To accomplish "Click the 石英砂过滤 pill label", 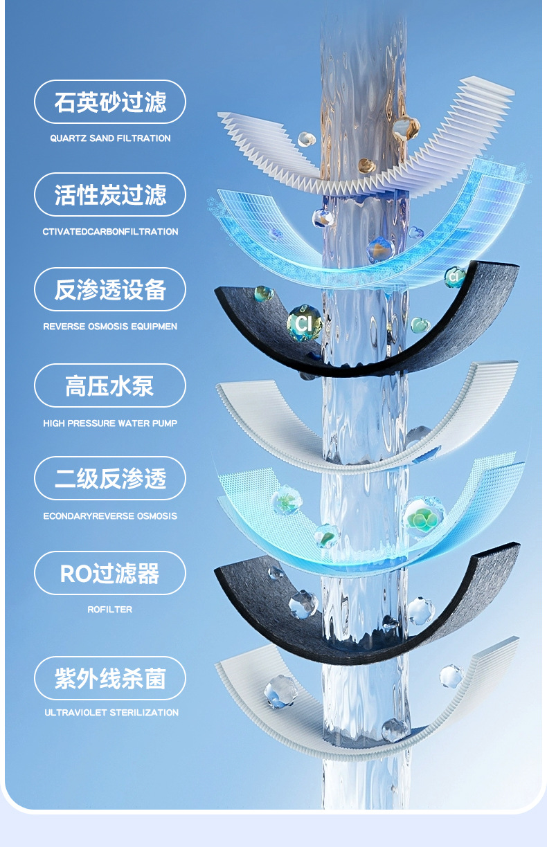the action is click(110, 102).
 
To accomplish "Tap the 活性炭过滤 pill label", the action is click(110, 195).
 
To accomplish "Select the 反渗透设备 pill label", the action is click(110, 290).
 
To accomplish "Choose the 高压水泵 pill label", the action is click(110, 385).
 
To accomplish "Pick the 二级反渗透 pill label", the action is click(110, 479).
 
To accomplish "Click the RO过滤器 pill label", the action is click(110, 573).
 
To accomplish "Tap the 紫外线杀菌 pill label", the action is click(110, 678).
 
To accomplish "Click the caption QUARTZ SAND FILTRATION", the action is click(110, 138).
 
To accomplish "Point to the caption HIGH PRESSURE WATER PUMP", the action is click(110, 423).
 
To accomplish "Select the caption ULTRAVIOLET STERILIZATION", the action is click(111, 712).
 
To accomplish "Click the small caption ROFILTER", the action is click(110, 610).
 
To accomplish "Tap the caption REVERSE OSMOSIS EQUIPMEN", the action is click(110, 326).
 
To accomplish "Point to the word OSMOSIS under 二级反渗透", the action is click(156, 516).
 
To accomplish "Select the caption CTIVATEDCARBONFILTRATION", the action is click(110, 232).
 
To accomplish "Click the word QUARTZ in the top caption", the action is click(69, 138).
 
